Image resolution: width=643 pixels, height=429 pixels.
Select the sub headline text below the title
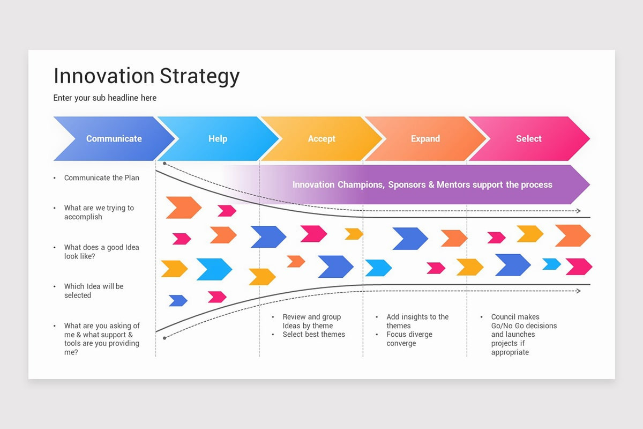[x=104, y=98]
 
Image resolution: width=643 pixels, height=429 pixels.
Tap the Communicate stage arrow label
[x=114, y=138]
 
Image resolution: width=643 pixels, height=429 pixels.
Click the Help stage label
[x=218, y=138]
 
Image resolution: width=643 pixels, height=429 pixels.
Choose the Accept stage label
[x=322, y=138]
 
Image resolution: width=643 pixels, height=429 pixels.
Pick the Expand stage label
[x=425, y=138]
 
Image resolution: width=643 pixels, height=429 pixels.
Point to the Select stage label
[x=528, y=138]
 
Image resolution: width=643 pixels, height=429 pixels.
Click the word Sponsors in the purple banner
[x=407, y=184]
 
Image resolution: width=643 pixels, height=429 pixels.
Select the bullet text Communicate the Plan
[x=101, y=178]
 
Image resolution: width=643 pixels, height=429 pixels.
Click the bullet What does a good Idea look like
[x=101, y=252]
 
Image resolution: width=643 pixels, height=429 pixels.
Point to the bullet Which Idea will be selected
[x=93, y=291]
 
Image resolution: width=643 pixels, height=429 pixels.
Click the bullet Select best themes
[x=313, y=335]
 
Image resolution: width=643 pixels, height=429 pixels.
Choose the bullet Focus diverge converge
[x=409, y=339]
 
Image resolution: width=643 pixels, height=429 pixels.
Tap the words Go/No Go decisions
[x=524, y=326]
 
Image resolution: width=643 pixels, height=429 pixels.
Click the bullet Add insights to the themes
[x=417, y=321]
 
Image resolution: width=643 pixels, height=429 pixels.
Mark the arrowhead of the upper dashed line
[x=578, y=211]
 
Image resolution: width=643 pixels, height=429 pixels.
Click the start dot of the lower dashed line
[x=165, y=338]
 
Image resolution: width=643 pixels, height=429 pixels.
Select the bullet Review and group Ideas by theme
[x=311, y=321]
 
